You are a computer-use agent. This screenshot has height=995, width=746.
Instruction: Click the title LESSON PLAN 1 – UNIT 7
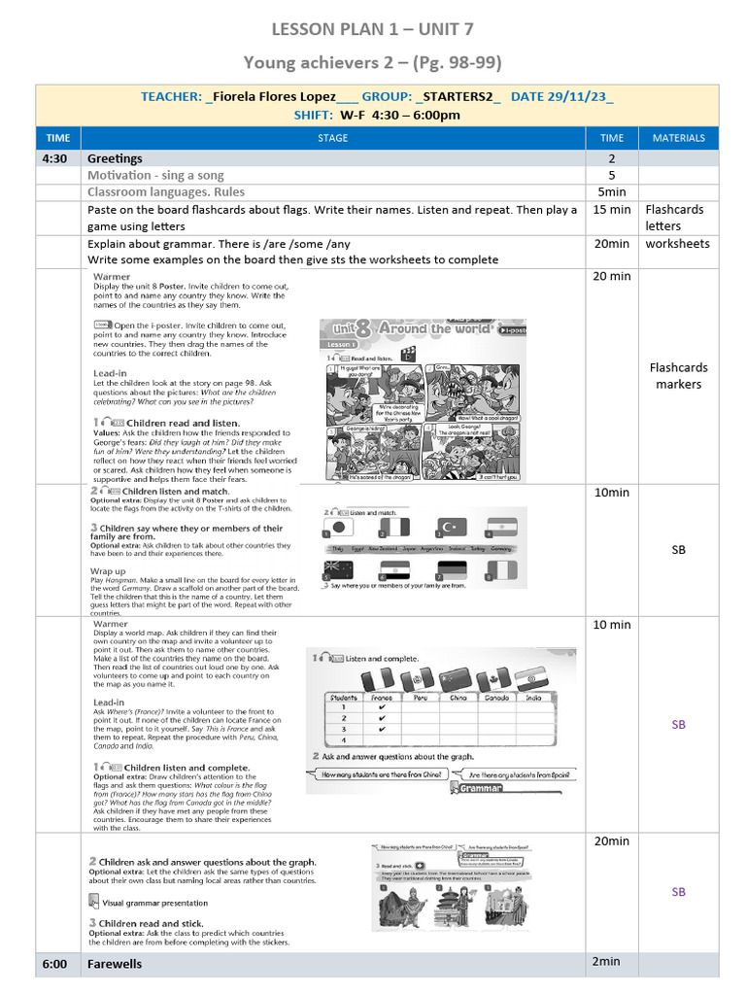[x=373, y=29]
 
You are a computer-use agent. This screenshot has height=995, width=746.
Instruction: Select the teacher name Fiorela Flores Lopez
[x=274, y=96]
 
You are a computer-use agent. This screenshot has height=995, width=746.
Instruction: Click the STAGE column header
[x=332, y=138]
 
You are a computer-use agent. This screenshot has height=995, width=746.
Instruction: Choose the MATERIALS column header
[x=678, y=138]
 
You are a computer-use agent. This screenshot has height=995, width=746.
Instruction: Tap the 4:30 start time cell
[x=57, y=158]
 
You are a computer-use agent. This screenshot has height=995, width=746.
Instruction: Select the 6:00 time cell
[x=57, y=964]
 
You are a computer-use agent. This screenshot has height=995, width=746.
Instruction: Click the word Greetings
[x=115, y=158]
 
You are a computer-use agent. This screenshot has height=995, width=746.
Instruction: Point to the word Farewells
[x=115, y=964]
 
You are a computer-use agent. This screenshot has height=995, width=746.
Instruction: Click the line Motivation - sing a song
[x=155, y=175]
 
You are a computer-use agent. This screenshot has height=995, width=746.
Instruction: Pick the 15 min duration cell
[x=611, y=210]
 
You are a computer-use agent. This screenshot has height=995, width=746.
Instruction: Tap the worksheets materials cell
[x=677, y=244]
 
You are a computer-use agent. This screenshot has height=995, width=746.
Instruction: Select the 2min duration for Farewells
[x=606, y=961]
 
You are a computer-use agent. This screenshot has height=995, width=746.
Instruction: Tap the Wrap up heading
[x=108, y=571]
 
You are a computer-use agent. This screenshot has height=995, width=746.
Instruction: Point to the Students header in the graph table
[x=343, y=697]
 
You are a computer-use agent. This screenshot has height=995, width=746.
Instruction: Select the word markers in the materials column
[x=678, y=384]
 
